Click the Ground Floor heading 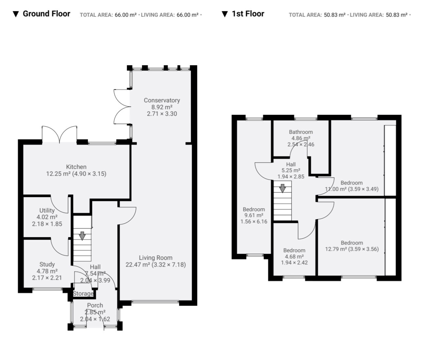tap(47, 14)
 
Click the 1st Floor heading tap(248, 14)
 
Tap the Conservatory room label tap(162, 100)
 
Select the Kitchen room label tap(76, 167)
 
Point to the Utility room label tap(47, 210)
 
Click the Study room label tap(47, 264)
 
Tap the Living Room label tap(156, 258)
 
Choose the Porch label tap(95, 305)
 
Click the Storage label tap(83, 293)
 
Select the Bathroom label tap(301, 132)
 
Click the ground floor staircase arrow tap(82, 236)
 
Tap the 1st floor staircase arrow tap(283, 188)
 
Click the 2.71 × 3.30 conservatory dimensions tap(162, 114)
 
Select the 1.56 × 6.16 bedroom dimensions tap(254, 221)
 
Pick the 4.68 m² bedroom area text tap(294, 256)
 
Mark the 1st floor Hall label tap(291, 164)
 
